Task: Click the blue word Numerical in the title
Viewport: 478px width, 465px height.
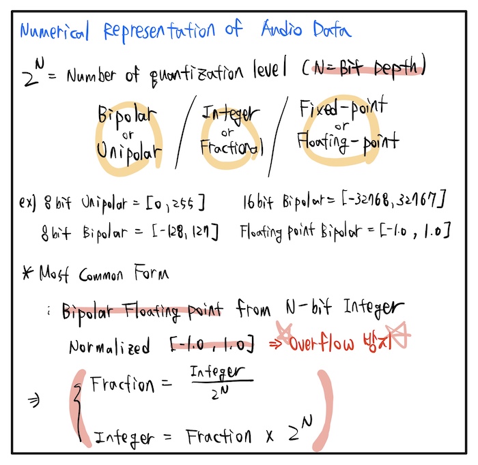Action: pos(54,31)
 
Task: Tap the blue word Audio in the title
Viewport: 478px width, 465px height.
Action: pos(281,29)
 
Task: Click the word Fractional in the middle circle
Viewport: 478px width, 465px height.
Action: pos(231,147)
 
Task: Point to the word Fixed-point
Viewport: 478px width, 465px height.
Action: pos(343,108)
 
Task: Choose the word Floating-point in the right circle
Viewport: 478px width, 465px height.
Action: pos(348,142)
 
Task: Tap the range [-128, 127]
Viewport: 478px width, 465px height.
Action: pos(185,232)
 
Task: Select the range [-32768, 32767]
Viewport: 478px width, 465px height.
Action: pos(393,200)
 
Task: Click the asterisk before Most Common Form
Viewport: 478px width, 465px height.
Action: pos(28,272)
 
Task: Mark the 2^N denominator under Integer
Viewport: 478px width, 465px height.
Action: pos(220,393)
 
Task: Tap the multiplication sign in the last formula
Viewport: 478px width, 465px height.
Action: pos(270,436)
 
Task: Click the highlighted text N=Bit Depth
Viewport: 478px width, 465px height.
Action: pos(368,67)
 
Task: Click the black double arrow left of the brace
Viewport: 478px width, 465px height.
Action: pos(33,400)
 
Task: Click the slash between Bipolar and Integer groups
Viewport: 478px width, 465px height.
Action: pos(186,132)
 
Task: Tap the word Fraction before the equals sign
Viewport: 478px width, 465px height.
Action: pos(122,384)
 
